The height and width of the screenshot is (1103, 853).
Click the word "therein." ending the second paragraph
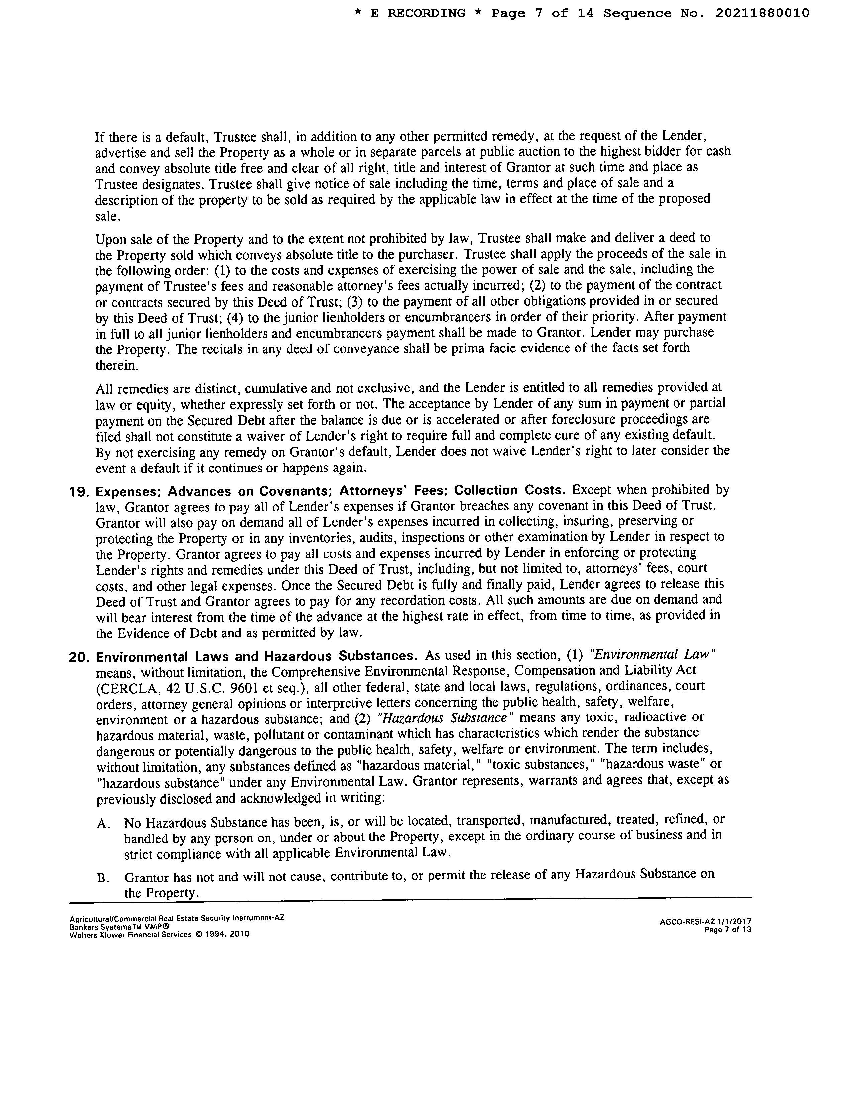pyautogui.click(x=116, y=365)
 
